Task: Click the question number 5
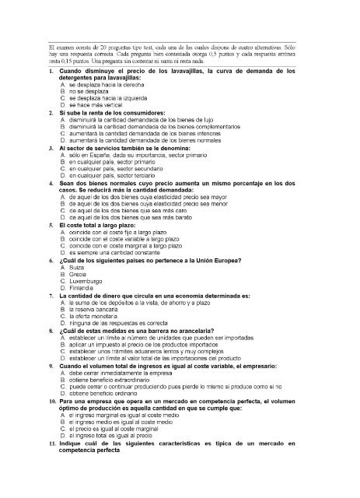click(x=51, y=224)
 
